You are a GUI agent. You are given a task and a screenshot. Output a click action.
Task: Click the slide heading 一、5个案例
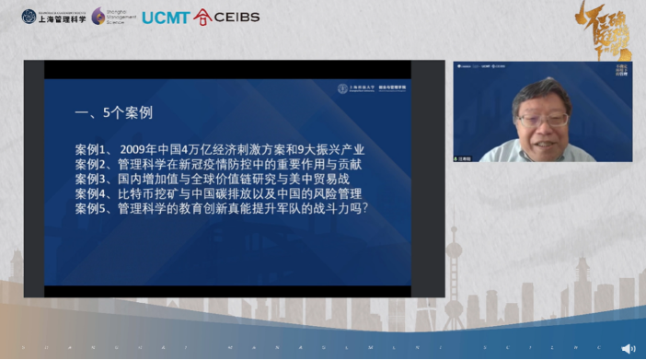[x=113, y=113]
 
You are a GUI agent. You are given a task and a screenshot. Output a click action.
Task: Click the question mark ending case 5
[x=366, y=209]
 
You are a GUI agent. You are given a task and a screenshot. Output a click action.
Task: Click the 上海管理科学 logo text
[x=63, y=17]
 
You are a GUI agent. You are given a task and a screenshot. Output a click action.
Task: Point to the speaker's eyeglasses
[x=530, y=117]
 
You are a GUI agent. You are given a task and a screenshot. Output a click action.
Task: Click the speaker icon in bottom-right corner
[x=628, y=348]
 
